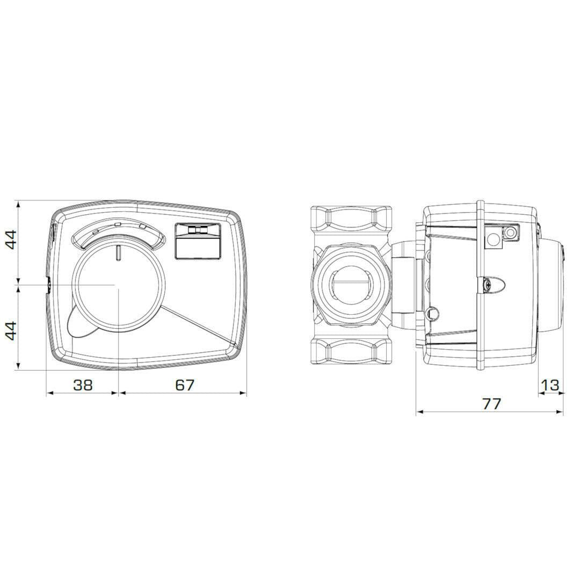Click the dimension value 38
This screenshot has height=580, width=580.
tap(83, 385)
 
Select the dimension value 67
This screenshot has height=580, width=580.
tap(184, 385)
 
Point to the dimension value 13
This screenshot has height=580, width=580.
tap(550, 385)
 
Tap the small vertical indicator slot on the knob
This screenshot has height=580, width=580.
tap(118, 252)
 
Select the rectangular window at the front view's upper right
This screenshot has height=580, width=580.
tap(198, 241)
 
